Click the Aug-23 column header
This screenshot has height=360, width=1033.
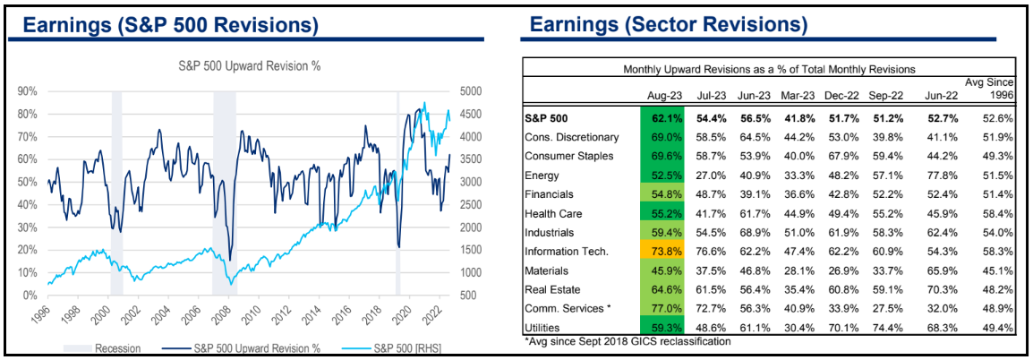point(663,93)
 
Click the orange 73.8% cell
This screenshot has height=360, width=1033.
point(663,251)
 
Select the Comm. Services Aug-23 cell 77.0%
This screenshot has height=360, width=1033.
point(663,309)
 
